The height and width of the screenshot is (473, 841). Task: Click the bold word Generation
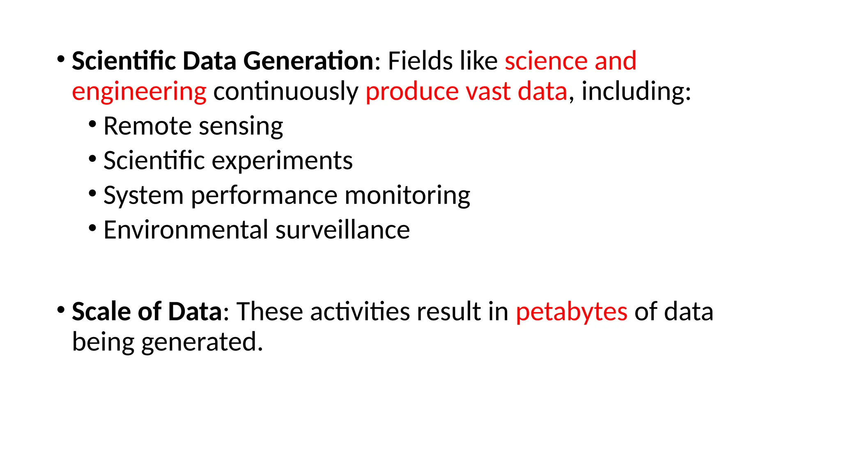[x=308, y=61]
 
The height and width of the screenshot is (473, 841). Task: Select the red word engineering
[x=139, y=92]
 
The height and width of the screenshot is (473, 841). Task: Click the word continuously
[x=286, y=92]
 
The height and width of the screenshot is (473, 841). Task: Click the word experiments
[x=282, y=161]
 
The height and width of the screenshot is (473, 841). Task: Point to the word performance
[x=264, y=195]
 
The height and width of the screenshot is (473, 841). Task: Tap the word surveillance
[x=343, y=230]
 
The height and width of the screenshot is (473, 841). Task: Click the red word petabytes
[x=572, y=312]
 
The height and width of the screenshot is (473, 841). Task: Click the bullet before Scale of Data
[x=61, y=309]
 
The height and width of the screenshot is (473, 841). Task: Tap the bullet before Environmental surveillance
[x=92, y=227]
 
